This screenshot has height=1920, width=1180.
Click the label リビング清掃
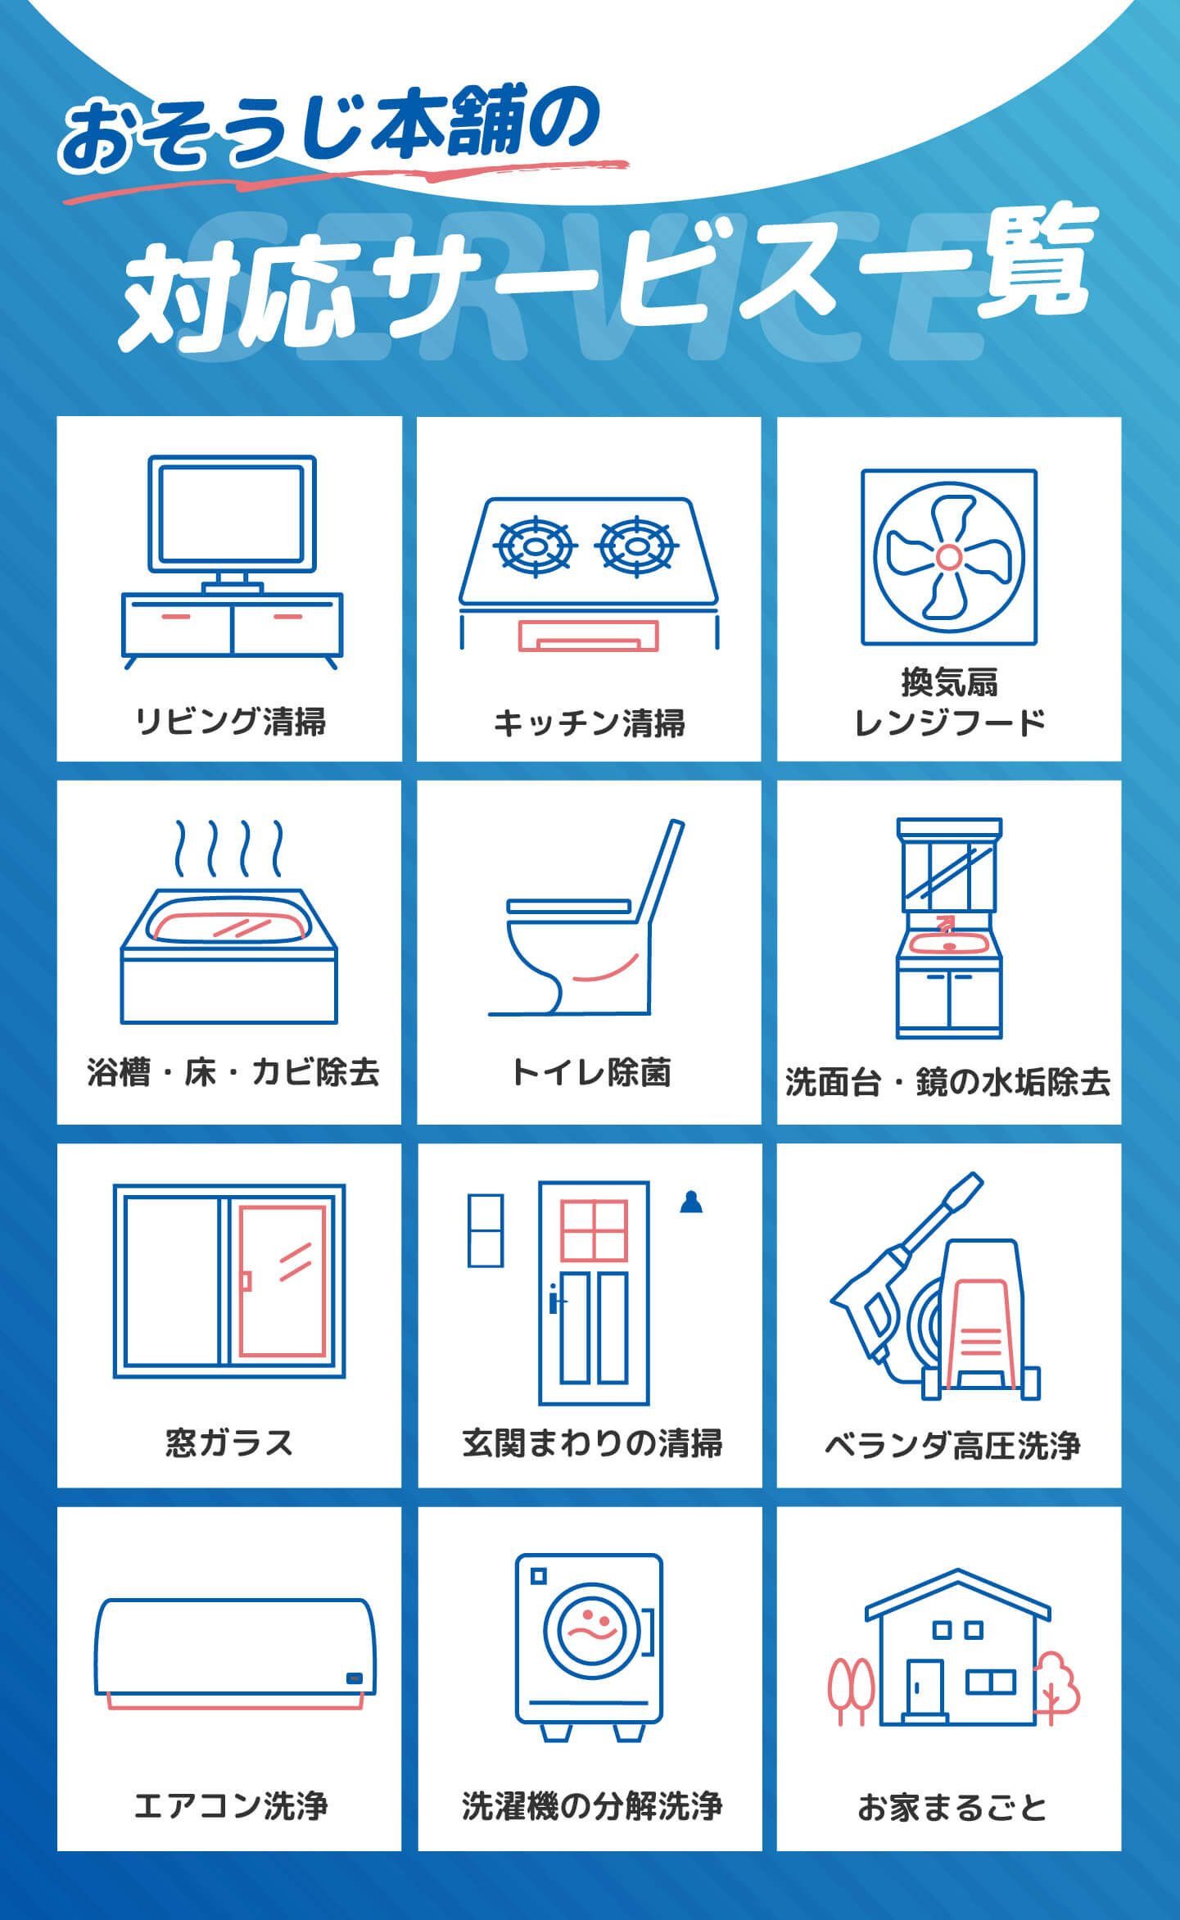click(230, 722)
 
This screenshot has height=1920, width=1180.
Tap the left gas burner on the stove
click(536, 546)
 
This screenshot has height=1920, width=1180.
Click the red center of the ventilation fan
click(948, 557)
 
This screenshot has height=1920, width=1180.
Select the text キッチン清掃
click(589, 723)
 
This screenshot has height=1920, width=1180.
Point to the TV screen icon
click(233, 514)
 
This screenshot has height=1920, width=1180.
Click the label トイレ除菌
click(590, 1072)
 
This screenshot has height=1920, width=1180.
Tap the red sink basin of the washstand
click(949, 942)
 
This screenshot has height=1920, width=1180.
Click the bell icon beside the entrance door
click(692, 1202)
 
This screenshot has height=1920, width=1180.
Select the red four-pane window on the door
click(594, 1230)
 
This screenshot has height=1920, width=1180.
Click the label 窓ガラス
click(229, 1442)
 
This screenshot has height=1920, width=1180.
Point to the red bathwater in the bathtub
click(230, 926)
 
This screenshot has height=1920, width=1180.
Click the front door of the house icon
click(925, 1687)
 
